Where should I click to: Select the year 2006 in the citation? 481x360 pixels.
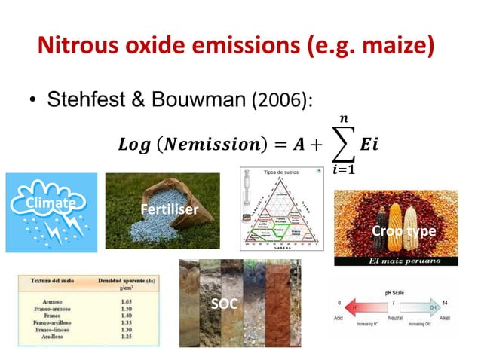click(x=279, y=100)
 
